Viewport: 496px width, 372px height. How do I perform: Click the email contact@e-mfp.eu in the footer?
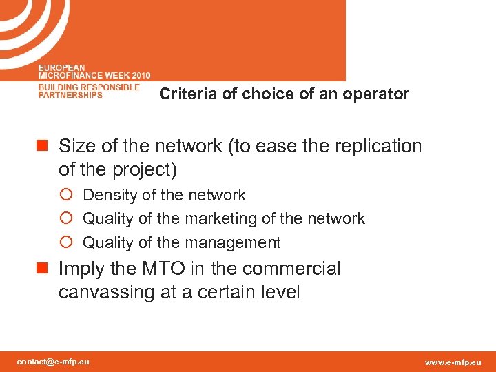pyautogui.click(x=53, y=362)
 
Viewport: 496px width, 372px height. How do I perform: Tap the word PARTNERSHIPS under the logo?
pyautogui.click(x=70, y=95)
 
